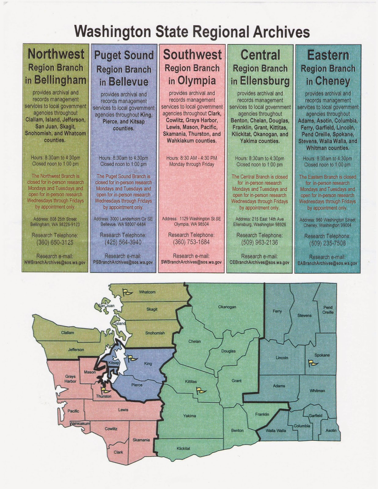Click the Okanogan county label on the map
coord(227,307)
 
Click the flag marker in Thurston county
coord(105,390)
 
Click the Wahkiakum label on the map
coord(80,424)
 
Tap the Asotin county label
coord(331,430)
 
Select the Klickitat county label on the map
coord(183,448)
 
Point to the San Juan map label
coord(106,306)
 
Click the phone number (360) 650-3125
coord(55,243)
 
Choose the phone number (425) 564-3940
coord(123,243)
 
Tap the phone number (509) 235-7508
coord(327,244)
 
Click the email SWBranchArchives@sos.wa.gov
coord(191,262)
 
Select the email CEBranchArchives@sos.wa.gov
coord(259,262)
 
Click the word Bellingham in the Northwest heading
coord(60,80)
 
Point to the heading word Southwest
coord(192,55)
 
